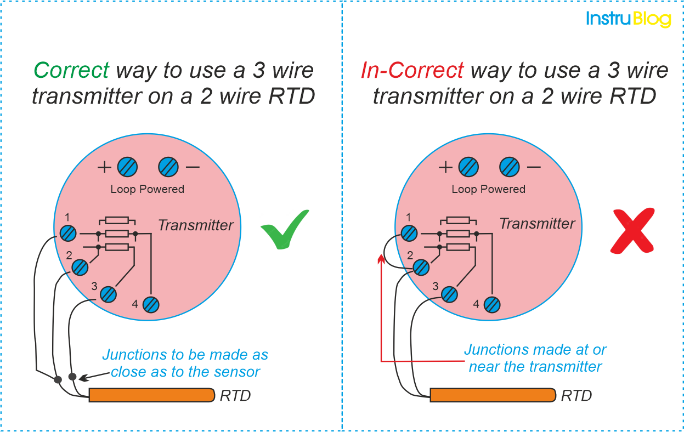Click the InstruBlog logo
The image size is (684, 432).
coord(628,19)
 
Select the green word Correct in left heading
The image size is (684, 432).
coord(72,70)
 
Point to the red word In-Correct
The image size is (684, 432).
coord(412,70)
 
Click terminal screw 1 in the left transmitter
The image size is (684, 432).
coord(68,233)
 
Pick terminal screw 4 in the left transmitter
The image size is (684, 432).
coord(151,304)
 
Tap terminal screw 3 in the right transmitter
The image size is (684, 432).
coord(449,294)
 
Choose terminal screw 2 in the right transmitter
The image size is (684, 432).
coord(421,268)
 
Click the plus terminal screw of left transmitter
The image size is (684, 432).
coord(127,167)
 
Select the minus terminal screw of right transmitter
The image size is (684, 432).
coord(509,167)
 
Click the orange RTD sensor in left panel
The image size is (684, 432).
coord(151,395)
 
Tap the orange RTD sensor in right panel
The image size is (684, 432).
coord(493,395)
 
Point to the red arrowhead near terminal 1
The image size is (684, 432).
coord(381,258)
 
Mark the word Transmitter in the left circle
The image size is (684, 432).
coord(196,225)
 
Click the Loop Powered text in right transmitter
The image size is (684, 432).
coord(488,189)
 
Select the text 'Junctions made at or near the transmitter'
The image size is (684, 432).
coord(535,357)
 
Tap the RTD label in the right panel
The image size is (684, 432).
coord(576,395)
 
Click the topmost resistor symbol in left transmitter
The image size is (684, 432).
coord(117,220)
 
